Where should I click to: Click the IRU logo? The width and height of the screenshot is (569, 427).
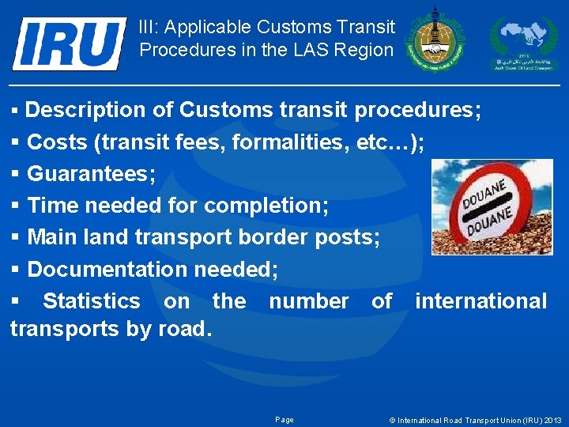[x=69, y=43]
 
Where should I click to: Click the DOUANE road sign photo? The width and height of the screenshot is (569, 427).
[x=492, y=207]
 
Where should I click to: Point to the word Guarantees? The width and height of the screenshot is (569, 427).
[x=91, y=174]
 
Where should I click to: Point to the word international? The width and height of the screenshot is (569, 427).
[x=480, y=301]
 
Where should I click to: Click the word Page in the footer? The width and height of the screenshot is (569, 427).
[x=284, y=420]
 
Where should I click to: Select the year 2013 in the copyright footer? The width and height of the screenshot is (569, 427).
[x=552, y=420]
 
